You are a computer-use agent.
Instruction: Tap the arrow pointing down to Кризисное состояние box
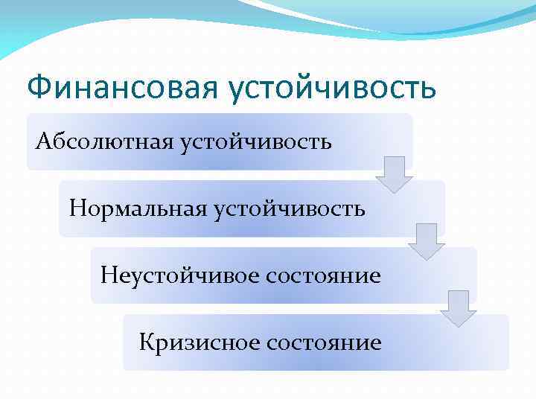(458, 308)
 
